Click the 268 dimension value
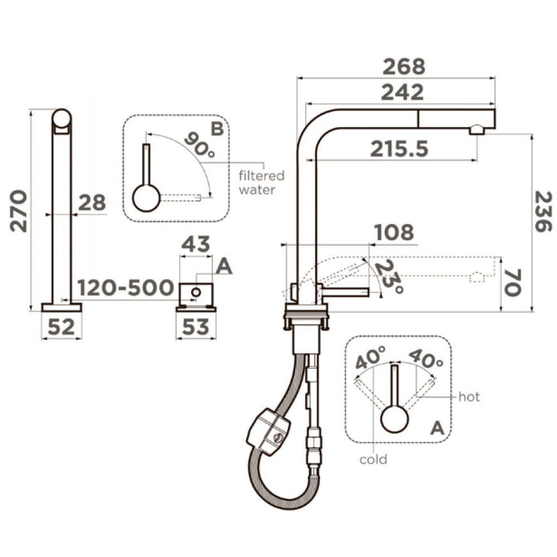403,66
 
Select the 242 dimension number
402,92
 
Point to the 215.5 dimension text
399,149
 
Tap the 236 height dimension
544,212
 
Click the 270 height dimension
18,211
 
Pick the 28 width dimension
92,203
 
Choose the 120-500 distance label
125,287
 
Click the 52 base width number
61,326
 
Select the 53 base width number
196,326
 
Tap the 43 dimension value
196,244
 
